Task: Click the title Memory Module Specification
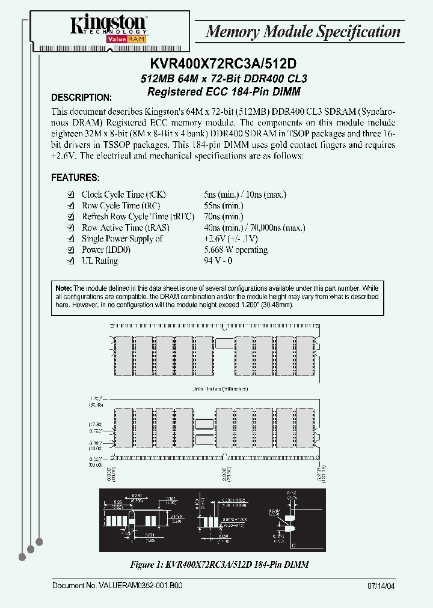[302, 32]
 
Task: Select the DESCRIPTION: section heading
[81, 97]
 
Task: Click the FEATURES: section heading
[75, 178]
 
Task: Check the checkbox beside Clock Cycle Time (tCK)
[72, 195]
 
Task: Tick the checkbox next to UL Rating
[72, 261]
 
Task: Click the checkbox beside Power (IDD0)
[72, 250]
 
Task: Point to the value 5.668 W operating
[236, 250]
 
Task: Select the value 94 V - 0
[218, 261]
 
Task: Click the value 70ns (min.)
[224, 216]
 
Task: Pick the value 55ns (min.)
[224, 205]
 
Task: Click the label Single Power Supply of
[122, 239]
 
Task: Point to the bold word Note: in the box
[63, 289]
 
